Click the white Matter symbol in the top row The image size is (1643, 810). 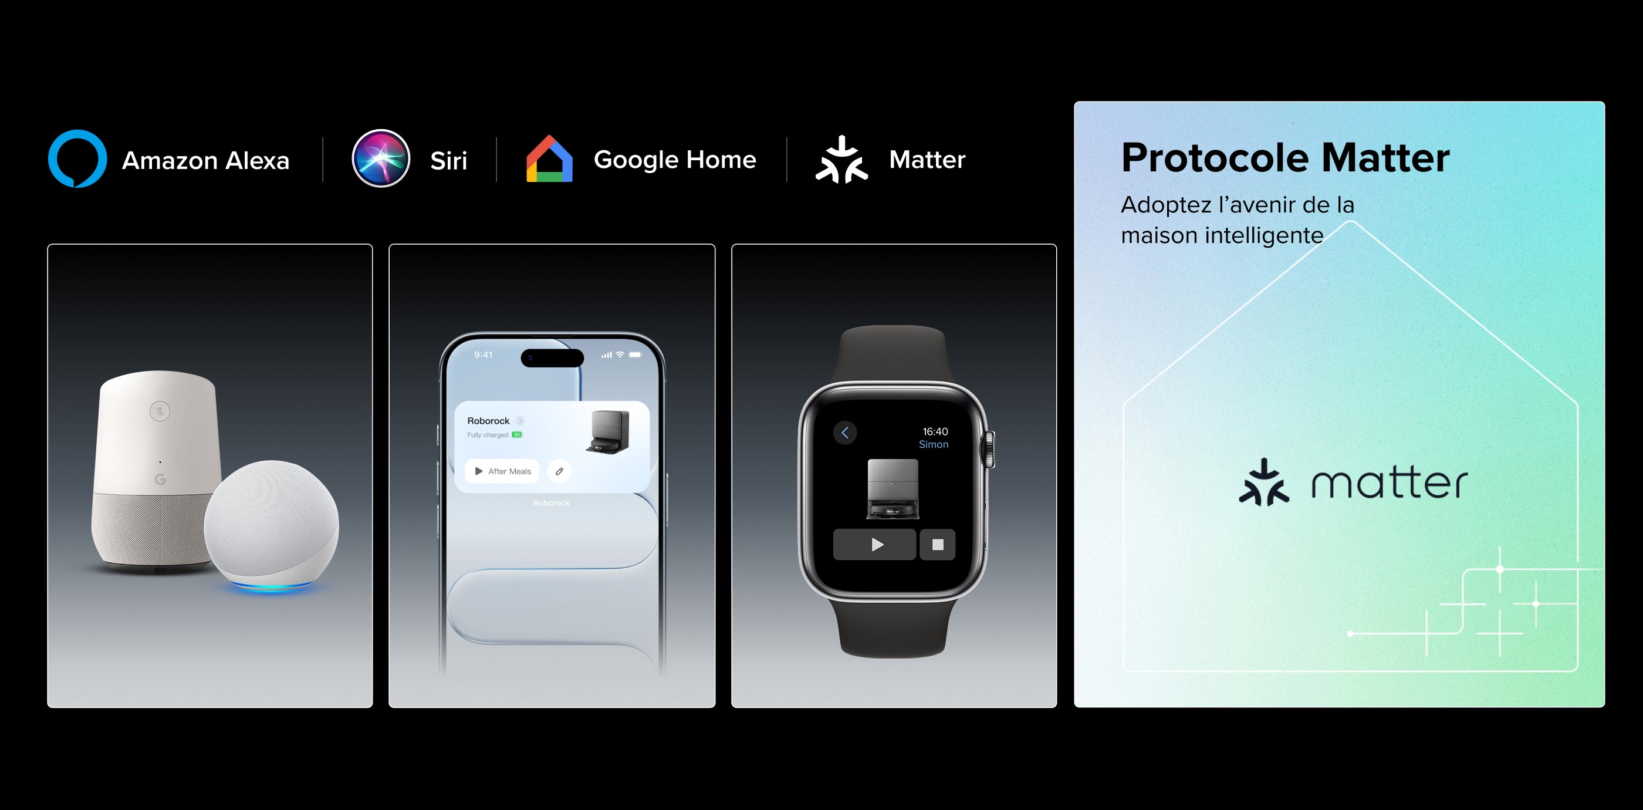click(841, 160)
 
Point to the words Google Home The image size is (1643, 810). click(675, 160)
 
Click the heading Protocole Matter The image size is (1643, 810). click(1285, 157)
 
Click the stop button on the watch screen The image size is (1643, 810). click(938, 545)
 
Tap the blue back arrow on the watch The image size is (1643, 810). click(845, 433)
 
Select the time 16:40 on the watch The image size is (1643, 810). click(935, 432)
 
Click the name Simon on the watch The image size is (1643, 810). click(933, 444)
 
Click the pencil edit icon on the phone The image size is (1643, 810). click(559, 471)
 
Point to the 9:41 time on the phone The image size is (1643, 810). click(483, 355)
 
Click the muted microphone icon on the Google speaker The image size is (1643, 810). click(160, 411)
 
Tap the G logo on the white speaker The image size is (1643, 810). click(160, 479)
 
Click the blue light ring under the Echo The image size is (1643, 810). click(272, 586)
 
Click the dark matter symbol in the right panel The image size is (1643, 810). click(1263, 483)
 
